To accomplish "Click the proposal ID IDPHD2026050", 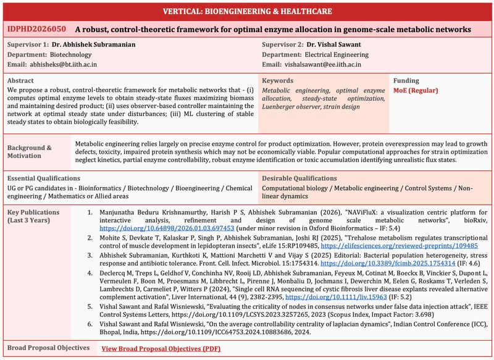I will (x=36, y=29).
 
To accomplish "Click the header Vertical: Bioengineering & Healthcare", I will (x=247, y=11).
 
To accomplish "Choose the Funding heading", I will (x=406, y=81).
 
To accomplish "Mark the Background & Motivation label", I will (x=30, y=152).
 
